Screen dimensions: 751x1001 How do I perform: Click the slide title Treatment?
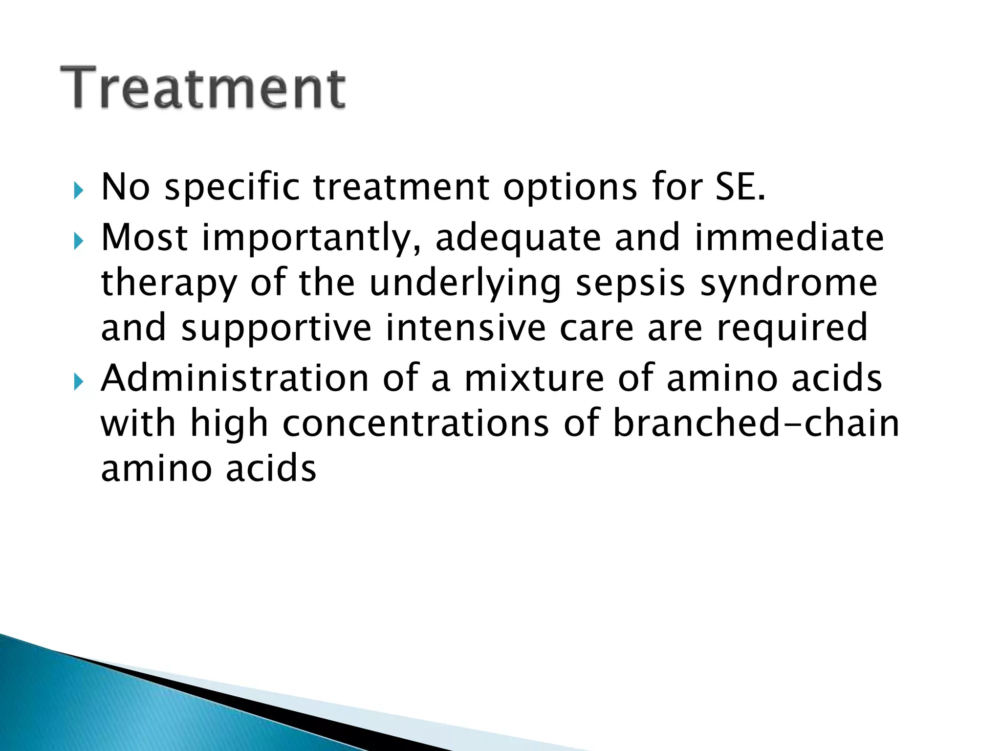(x=203, y=88)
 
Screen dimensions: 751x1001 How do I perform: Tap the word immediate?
(x=789, y=237)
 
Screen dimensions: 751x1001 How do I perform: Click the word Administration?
(x=235, y=378)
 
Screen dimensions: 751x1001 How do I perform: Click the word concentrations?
(x=416, y=423)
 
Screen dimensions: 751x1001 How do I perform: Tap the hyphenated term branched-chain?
(x=756, y=423)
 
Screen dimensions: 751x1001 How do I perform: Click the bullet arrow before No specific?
(x=78, y=190)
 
